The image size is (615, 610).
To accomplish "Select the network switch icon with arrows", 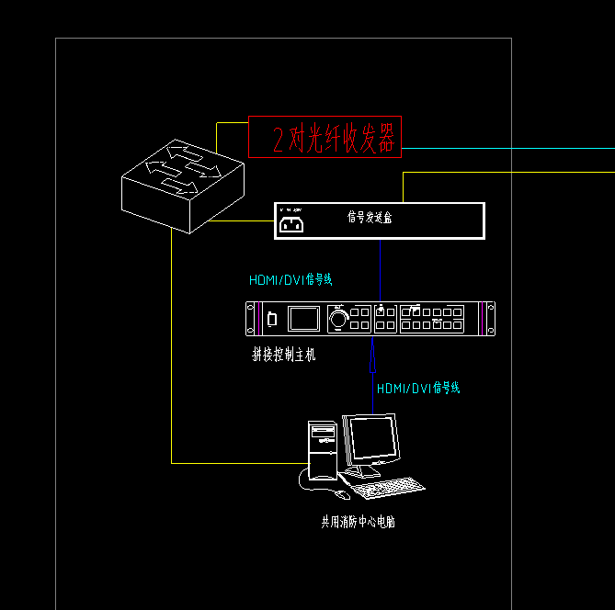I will coord(182,185).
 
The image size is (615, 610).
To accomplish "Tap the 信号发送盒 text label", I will coord(370,218).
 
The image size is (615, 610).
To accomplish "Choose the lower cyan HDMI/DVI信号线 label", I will coord(418,388).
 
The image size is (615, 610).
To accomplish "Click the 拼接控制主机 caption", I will coord(283,355).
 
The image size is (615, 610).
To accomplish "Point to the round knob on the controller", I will coord(339,319).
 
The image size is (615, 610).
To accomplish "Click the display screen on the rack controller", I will coord(303,319).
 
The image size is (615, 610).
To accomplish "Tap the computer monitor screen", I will coord(370,439).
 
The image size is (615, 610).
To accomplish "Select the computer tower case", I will coord(323,450).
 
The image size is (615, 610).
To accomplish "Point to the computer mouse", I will coord(342,494).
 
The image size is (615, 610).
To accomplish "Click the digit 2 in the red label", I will coord(279,139).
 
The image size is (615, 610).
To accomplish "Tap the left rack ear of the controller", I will coord(250,319).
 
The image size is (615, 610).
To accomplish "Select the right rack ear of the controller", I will coord(491,319).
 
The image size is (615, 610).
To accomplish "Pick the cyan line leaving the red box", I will coord(506,147).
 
